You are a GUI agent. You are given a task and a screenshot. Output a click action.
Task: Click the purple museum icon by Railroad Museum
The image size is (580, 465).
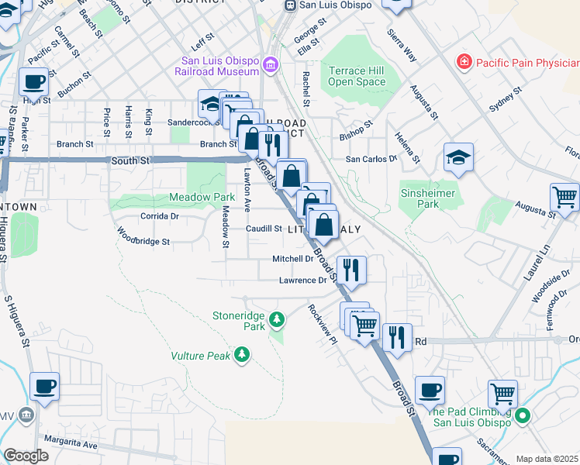(x=270, y=64)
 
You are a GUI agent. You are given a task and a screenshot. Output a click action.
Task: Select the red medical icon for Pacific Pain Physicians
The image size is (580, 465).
(x=464, y=60)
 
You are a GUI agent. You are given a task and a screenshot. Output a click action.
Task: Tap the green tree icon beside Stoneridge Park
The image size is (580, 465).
(x=277, y=318)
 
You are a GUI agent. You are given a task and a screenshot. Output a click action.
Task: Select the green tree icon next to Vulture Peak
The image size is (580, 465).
(x=243, y=355)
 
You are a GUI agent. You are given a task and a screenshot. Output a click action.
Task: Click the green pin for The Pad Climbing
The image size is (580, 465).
(x=523, y=416)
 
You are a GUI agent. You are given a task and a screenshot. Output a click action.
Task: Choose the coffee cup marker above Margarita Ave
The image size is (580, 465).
(x=45, y=386)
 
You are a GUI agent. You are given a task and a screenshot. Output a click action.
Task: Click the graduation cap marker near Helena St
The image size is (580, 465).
(x=458, y=157)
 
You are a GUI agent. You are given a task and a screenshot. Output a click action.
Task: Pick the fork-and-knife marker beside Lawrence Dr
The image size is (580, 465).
(x=351, y=269)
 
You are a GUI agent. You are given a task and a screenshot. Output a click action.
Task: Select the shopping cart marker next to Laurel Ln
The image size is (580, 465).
(x=564, y=197)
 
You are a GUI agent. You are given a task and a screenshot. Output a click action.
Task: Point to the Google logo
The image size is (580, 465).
(x=26, y=456)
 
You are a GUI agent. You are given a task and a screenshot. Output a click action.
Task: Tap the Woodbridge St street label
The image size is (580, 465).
(x=143, y=242)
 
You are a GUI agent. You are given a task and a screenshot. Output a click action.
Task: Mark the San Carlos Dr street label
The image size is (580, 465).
(x=371, y=159)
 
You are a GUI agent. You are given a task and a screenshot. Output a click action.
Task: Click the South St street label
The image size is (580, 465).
(x=129, y=160)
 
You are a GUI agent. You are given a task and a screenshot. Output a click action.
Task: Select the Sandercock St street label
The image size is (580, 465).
(x=195, y=122)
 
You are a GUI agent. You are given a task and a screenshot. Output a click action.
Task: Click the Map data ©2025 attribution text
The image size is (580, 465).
(x=547, y=459)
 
